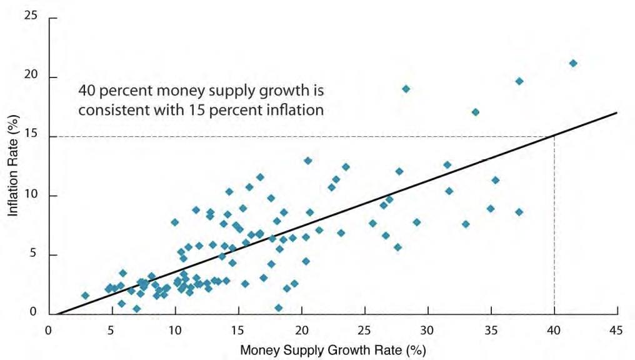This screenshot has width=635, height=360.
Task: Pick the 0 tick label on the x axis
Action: click(49, 329)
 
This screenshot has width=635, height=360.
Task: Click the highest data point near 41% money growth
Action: click(572, 63)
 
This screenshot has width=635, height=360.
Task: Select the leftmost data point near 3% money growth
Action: click(85, 296)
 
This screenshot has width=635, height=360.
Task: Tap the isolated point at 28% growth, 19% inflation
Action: click(406, 89)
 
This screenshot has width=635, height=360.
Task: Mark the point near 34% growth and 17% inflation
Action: click(475, 112)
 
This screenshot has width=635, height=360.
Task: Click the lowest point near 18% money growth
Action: click(278, 307)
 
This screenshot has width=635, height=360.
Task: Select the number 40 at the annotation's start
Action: click(86, 90)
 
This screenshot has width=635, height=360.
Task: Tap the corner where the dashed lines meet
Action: click(554, 136)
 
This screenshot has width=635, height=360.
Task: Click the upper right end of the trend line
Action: click(617, 113)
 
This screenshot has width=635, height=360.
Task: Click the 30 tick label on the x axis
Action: click(427, 329)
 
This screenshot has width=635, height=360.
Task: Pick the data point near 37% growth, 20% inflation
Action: click(519, 81)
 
